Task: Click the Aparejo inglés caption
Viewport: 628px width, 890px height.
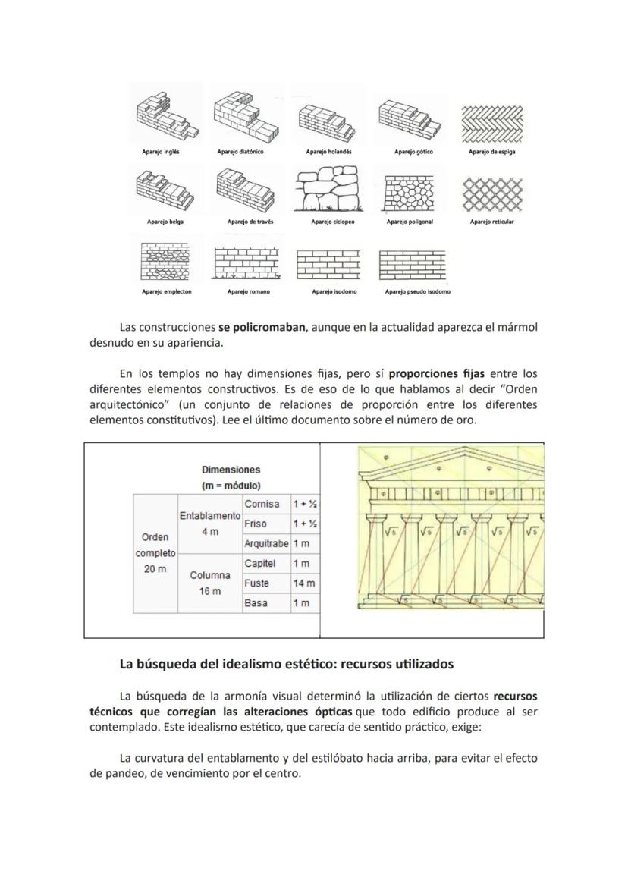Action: pyautogui.click(x=160, y=152)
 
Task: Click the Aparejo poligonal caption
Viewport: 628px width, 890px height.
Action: pyautogui.click(x=410, y=222)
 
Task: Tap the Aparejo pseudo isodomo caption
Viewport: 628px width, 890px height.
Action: pyautogui.click(x=417, y=291)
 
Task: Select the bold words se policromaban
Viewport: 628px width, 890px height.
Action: pyautogui.click(x=261, y=328)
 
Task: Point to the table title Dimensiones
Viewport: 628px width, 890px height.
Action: pyautogui.click(x=231, y=470)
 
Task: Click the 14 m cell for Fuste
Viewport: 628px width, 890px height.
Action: pyautogui.click(x=304, y=583)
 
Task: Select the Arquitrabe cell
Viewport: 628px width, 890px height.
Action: pyautogui.click(x=265, y=544)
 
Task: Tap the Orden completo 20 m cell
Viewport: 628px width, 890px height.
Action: pyautogui.click(x=155, y=553)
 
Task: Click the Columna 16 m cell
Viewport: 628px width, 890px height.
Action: pyautogui.click(x=209, y=583)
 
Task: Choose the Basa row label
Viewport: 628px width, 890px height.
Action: pyautogui.click(x=256, y=603)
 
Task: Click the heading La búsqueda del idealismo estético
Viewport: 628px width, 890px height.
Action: pyautogui.click(x=286, y=664)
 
